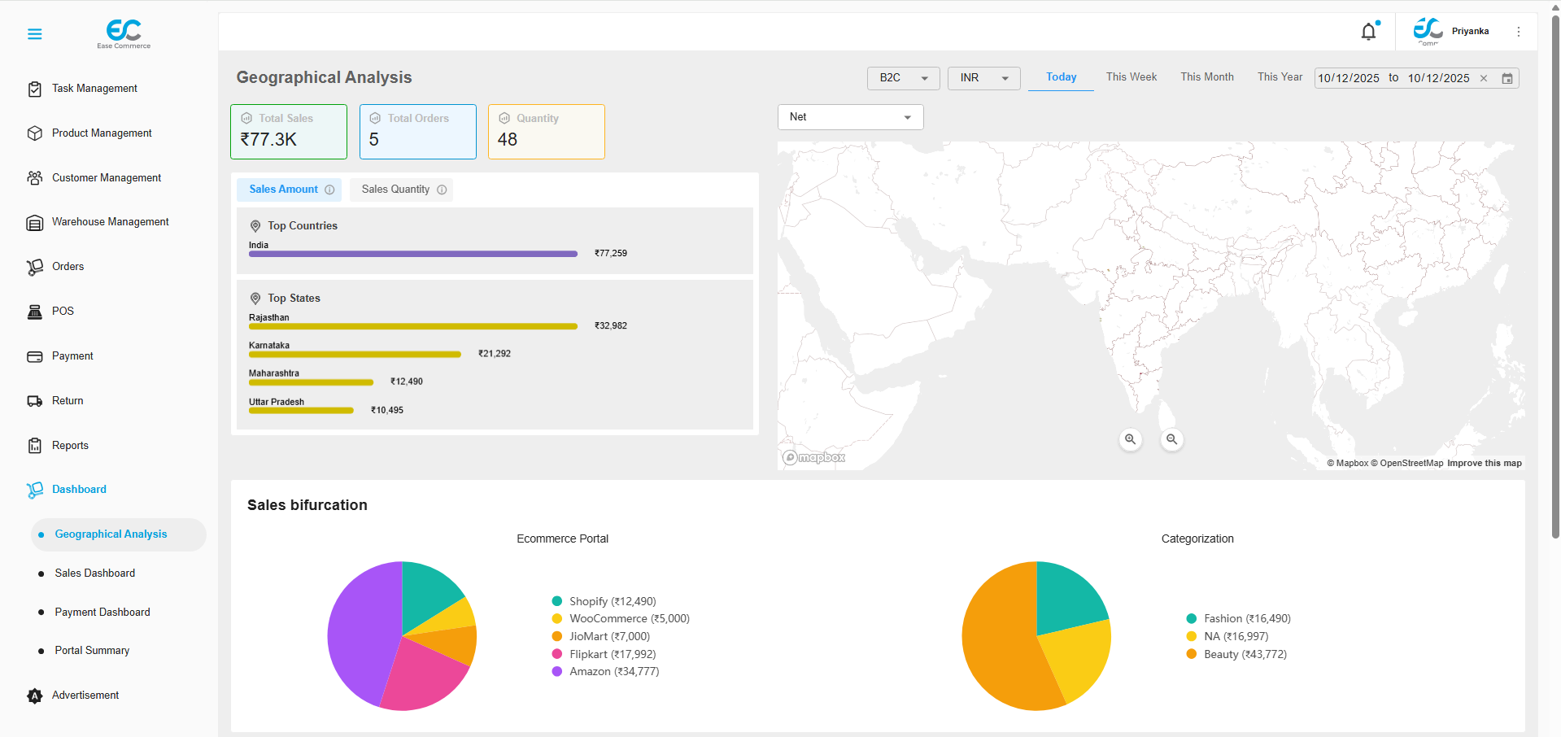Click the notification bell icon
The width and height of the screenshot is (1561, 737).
[1369, 32]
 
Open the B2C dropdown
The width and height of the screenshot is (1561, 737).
[903, 78]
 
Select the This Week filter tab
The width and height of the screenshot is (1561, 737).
[1131, 77]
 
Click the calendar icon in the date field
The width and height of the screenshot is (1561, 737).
[1506, 79]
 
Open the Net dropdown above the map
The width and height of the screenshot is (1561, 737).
[850, 117]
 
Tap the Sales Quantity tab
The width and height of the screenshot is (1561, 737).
[401, 190]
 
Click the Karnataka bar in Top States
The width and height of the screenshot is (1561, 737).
[355, 355]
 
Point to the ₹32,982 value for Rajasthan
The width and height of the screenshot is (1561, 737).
[611, 326]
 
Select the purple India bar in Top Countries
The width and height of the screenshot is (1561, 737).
[412, 254]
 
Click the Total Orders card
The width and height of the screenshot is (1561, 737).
[417, 132]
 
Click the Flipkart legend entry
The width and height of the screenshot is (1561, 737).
[612, 654]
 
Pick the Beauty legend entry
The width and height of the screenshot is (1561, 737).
[1245, 654]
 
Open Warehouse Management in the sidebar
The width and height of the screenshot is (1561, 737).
[110, 222]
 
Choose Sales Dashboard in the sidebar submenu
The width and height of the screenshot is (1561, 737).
[94, 573]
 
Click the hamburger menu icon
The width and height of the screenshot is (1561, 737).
[34, 34]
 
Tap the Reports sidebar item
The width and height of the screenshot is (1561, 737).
[70, 446]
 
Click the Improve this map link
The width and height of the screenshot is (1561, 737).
[1484, 464]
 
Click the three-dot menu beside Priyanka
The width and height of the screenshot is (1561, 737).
[1518, 32]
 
